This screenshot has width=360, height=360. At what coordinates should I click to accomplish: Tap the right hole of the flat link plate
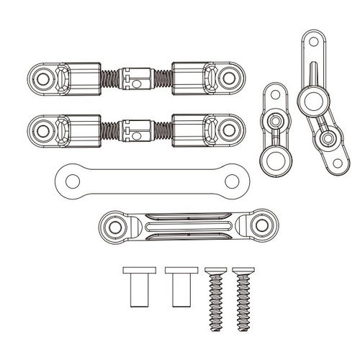coord(229,177)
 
